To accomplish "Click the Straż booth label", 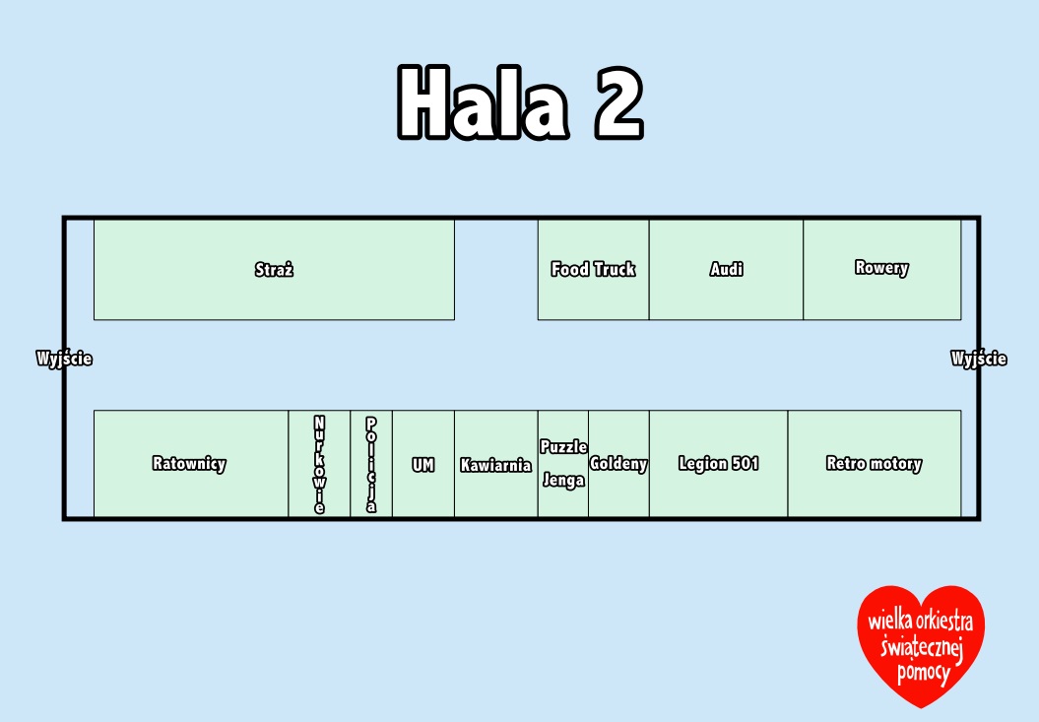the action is (x=274, y=269).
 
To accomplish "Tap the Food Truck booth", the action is (x=593, y=270).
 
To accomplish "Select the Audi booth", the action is (x=726, y=270).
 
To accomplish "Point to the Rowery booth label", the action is (x=881, y=268).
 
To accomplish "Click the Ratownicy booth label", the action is (x=189, y=463).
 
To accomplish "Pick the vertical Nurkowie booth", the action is (x=319, y=463).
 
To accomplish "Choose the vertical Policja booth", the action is (x=371, y=463).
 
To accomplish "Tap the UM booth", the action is (x=423, y=463).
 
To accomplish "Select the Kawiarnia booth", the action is (x=496, y=463).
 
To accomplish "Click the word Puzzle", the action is (x=563, y=447).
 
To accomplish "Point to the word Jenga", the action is (x=563, y=480).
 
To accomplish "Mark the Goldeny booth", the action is (x=618, y=463).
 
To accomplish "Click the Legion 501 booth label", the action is (x=718, y=463).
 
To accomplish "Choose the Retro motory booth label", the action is (x=874, y=463).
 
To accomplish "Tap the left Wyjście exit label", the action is (x=64, y=359).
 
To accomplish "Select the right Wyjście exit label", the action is (x=979, y=359).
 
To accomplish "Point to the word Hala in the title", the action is (x=483, y=102).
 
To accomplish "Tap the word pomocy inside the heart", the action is (x=924, y=673).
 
